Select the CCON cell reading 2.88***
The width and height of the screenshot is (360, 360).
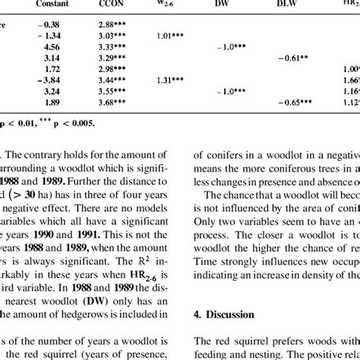(114, 22)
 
